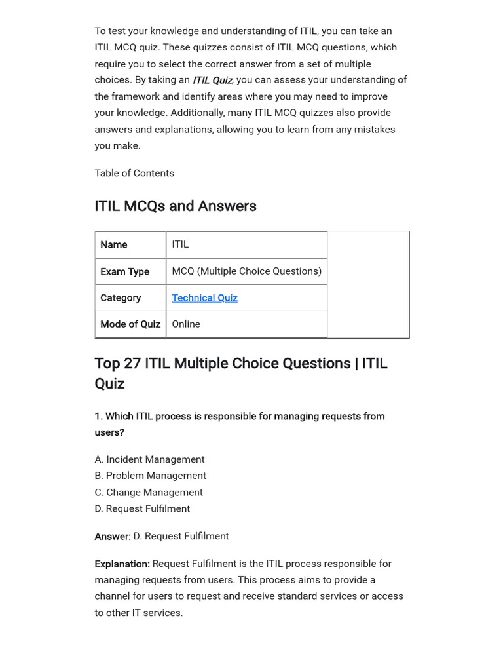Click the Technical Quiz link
[204, 297]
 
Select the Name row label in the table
[114, 244]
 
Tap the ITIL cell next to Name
[180, 244]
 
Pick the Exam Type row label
[124, 271]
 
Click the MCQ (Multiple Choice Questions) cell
[246, 271]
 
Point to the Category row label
[121, 297]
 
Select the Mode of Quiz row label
[130, 324]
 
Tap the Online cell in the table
[186, 324]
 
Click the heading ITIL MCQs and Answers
[176, 206]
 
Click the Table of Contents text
[134, 173]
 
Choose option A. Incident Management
[149, 459]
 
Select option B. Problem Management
[150, 476]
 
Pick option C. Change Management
[149, 492]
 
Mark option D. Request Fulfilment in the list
[142, 508]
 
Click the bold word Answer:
[113, 536]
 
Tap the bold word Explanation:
[122, 564]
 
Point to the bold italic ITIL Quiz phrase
[212, 80]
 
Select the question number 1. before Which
[98, 416]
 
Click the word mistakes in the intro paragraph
[374, 129]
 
